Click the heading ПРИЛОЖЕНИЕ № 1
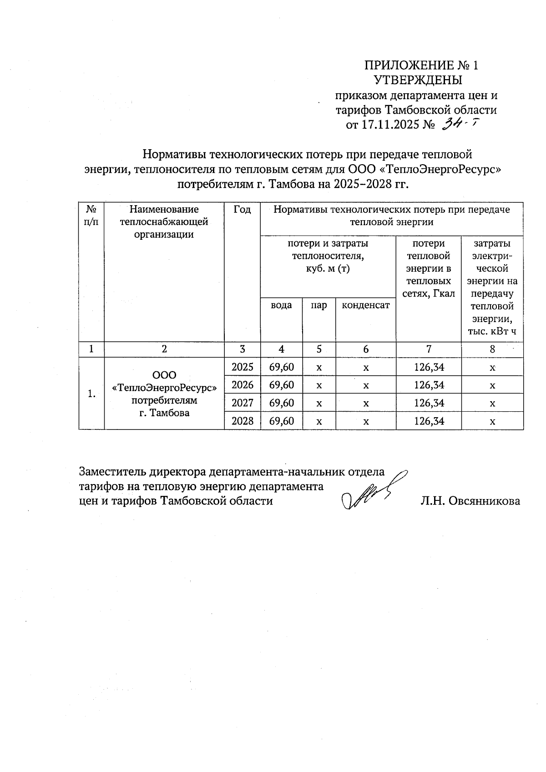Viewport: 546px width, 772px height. [x=421, y=66]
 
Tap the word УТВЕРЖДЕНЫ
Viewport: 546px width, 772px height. [x=418, y=81]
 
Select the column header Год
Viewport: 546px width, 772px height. [x=242, y=209]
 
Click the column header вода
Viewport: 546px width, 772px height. [x=281, y=305]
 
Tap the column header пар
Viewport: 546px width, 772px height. [x=319, y=305]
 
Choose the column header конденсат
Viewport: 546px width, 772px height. [x=366, y=305]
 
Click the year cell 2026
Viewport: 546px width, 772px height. [x=243, y=385]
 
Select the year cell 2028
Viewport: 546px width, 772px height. [x=243, y=421]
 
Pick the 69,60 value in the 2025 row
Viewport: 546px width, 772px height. [x=282, y=367]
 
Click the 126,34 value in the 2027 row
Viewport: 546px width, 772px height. [x=429, y=403]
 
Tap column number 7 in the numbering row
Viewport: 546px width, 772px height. [x=429, y=349]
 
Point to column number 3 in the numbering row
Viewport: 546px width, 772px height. [x=243, y=349]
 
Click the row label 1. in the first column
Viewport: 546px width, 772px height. [x=91, y=394]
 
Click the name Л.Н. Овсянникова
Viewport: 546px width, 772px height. [x=470, y=501]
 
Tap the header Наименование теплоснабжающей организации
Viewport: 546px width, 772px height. [x=164, y=222]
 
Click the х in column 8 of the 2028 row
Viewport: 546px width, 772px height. [x=492, y=421]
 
